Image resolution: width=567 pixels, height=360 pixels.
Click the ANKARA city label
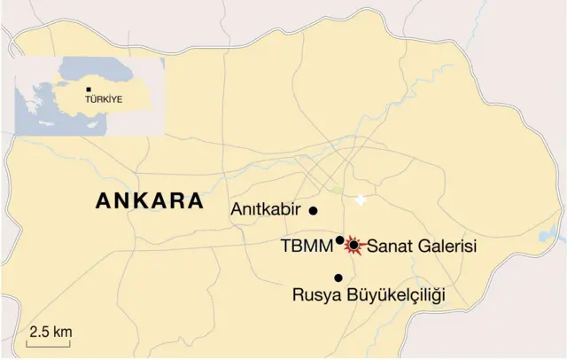(x=150, y=201)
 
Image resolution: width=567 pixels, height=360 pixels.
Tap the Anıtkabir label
(x=267, y=210)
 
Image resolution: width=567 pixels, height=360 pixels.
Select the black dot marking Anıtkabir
(x=313, y=210)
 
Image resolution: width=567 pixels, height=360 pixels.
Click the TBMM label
(x=307, y=244)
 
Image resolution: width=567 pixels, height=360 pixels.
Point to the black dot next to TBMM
(x=340, y=239)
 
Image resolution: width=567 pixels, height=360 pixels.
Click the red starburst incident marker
(x=353, y=245)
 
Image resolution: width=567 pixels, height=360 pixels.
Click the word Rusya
(x=316, y=293)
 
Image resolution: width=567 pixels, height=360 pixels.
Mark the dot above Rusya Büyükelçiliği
(x=338, y=278)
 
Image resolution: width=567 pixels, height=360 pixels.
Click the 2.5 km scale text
(x=50, y=332)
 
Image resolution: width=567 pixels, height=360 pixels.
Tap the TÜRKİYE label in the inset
(x=104, y=100)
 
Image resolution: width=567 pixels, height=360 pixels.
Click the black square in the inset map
(x=88, y=90)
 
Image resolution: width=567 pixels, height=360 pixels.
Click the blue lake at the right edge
(x=556, y=234)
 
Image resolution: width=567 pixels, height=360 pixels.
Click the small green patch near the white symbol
(x=337, y=190)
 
